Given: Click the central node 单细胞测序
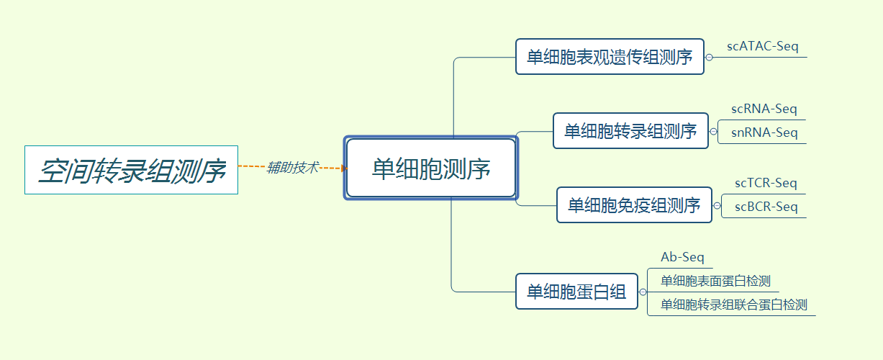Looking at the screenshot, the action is [431, 168].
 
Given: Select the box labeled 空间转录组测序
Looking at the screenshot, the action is [131, 170].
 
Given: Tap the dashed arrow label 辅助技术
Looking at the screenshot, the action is [292, 168].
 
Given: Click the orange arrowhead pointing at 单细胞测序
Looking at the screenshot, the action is [344, 168].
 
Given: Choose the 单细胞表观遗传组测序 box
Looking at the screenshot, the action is [610, 56].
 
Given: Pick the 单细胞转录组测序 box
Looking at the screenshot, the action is [630, 131].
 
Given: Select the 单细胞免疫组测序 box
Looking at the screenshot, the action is [634, 205].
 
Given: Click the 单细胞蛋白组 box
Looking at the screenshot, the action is [576, 292].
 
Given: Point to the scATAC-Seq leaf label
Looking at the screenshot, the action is [763, 47].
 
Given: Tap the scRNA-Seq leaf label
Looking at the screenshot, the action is [764, 109].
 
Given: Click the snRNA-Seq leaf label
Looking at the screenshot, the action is [764, 132].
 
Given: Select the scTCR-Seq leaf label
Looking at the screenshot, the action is [766, 183].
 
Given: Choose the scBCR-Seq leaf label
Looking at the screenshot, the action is [766, 207].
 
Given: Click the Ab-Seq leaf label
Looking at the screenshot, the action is [682, 257].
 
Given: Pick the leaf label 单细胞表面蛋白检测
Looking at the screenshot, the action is [715, 281].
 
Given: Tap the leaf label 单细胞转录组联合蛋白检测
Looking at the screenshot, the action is [734, 305].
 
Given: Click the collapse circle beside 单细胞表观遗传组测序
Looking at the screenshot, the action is [709, 57].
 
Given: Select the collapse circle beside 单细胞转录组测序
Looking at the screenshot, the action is [713, 131].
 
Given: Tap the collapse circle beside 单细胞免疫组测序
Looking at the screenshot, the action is [717, 205].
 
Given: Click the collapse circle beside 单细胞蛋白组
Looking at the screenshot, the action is [643, 292].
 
